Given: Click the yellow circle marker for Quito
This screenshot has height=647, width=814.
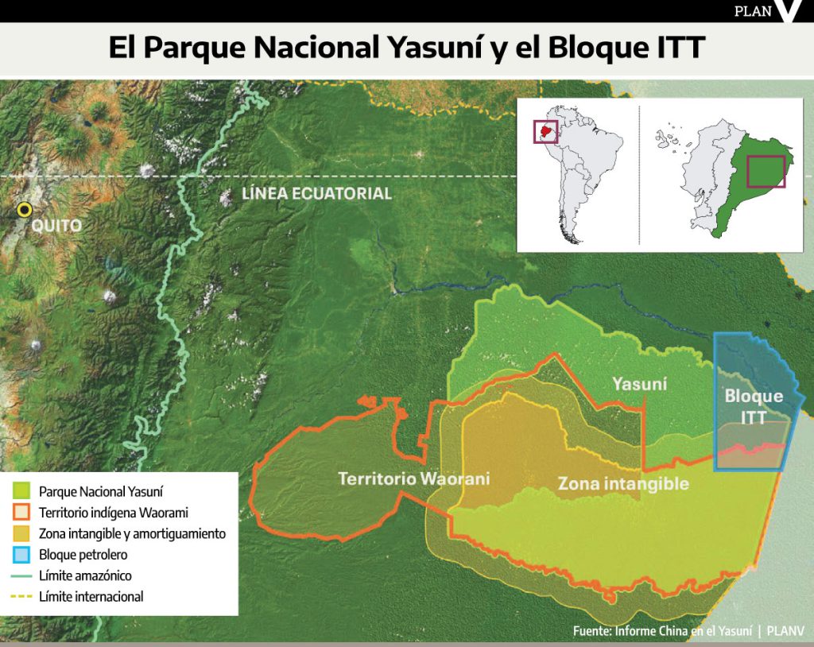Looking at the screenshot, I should [x=25, y=210].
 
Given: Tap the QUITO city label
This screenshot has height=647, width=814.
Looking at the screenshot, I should [x=56, y=226].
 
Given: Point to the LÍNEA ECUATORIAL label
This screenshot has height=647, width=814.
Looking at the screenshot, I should [x=316, y=193].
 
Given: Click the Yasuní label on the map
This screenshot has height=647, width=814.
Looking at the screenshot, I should [x=639, y=385].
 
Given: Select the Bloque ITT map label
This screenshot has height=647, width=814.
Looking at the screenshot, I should [x=754, y=406].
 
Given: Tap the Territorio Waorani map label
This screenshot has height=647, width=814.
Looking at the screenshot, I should [x=413, y=479].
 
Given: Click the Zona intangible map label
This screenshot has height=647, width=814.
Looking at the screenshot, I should [x=622, y=483].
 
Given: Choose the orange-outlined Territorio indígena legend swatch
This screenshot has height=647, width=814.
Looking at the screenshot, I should [x=21, y=513].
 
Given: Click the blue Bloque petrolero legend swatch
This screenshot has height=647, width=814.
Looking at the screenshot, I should [x=21, y=555].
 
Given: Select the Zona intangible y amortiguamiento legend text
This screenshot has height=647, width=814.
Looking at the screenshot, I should [x=132, y=534].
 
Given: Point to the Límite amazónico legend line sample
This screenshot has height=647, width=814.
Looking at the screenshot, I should [x=21, y=575].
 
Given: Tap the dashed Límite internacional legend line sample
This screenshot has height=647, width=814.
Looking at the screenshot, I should [x=21, y=596].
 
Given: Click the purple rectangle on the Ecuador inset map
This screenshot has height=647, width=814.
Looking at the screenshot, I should [x=766, y=171].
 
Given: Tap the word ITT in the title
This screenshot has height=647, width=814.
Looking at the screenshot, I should [x=676, y=48].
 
